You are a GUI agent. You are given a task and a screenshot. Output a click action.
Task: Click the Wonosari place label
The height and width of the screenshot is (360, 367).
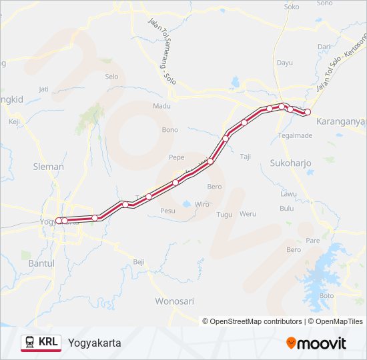[173, 300]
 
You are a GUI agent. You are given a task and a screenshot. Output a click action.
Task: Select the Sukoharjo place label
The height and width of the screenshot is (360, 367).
[290, 163]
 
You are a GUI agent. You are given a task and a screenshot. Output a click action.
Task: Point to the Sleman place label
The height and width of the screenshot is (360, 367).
[48, 167]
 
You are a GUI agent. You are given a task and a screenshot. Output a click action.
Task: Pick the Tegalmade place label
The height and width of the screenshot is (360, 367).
[294, 135]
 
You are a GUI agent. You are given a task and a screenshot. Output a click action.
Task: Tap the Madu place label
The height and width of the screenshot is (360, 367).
[161, 105]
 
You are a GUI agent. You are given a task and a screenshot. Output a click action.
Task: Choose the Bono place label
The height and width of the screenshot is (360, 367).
[169, 129]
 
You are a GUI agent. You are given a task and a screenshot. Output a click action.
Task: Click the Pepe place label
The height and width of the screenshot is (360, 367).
[176, 157]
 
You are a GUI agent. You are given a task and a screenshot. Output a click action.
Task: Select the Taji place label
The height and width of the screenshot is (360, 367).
[245, 157]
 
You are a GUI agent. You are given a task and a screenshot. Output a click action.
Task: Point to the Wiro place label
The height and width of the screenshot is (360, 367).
[202, 204]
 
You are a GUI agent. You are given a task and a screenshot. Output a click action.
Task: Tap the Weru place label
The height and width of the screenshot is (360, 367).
[248, 213]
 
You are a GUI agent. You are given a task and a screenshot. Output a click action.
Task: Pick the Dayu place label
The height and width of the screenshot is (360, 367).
[285, 63]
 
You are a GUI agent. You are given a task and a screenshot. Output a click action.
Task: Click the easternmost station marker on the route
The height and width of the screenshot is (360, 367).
[308, 112]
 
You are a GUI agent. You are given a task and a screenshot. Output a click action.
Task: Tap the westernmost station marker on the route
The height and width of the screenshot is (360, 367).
[59, 220]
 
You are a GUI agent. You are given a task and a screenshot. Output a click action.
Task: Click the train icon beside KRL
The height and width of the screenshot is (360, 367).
[30, 342]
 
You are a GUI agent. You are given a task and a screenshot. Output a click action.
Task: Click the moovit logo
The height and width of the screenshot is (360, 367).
[316, 343]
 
